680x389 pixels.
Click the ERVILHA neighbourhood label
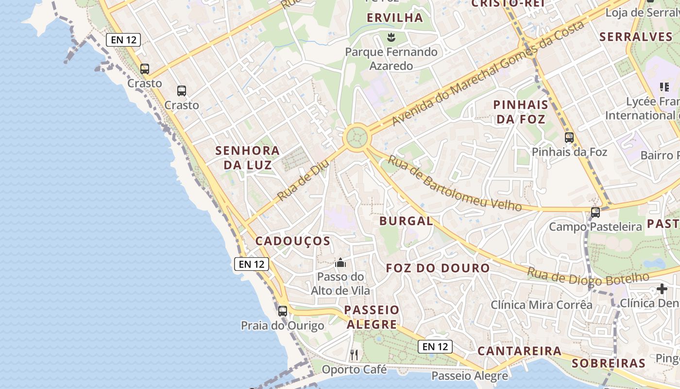point(395,18)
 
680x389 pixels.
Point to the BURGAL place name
point(406,221)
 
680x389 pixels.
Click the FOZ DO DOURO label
point(438,268)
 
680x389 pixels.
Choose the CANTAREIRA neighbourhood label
point(519,351)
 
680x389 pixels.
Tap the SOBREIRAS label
point(608,363)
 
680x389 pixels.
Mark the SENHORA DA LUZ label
point(248,158)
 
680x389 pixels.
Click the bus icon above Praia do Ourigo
point(283,311)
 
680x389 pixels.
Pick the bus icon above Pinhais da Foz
point(569,138)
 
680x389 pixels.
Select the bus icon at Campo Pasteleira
point(595,212)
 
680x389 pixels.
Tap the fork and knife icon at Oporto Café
point(354,355)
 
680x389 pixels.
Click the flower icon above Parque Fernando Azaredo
point(391,37)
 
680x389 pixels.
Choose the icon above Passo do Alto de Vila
point(340,263)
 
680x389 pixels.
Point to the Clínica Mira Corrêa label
point(541,305)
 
